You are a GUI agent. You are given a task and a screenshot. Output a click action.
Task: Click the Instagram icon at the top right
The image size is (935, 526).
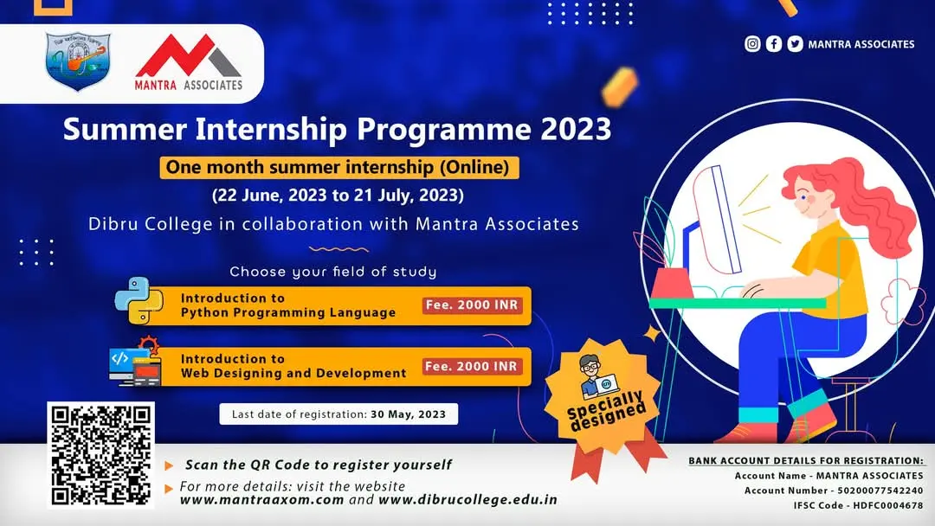point(753,44)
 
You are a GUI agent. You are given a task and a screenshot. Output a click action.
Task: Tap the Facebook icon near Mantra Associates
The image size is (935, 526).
point(774,44)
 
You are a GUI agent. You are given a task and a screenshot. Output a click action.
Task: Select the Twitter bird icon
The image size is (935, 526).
point(795,44)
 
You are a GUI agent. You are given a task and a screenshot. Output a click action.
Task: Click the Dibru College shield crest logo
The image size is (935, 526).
point(74,64)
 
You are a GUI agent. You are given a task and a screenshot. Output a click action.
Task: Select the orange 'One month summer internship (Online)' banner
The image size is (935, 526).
point(339,167)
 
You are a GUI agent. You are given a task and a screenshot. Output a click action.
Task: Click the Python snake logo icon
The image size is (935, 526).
point(139,301)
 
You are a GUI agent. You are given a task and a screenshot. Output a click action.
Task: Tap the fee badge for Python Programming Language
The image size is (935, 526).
point(473,305)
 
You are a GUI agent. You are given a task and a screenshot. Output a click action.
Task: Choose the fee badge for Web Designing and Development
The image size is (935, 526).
point(473,366)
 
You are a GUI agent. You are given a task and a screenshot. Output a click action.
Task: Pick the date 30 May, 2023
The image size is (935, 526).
point(408,414)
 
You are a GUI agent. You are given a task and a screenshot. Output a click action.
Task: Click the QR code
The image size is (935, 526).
point(100,454)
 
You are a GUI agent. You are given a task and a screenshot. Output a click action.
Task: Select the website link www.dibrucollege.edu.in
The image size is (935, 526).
point(467,500)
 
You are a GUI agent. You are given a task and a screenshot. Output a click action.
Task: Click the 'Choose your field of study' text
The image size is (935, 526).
point(333,272)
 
